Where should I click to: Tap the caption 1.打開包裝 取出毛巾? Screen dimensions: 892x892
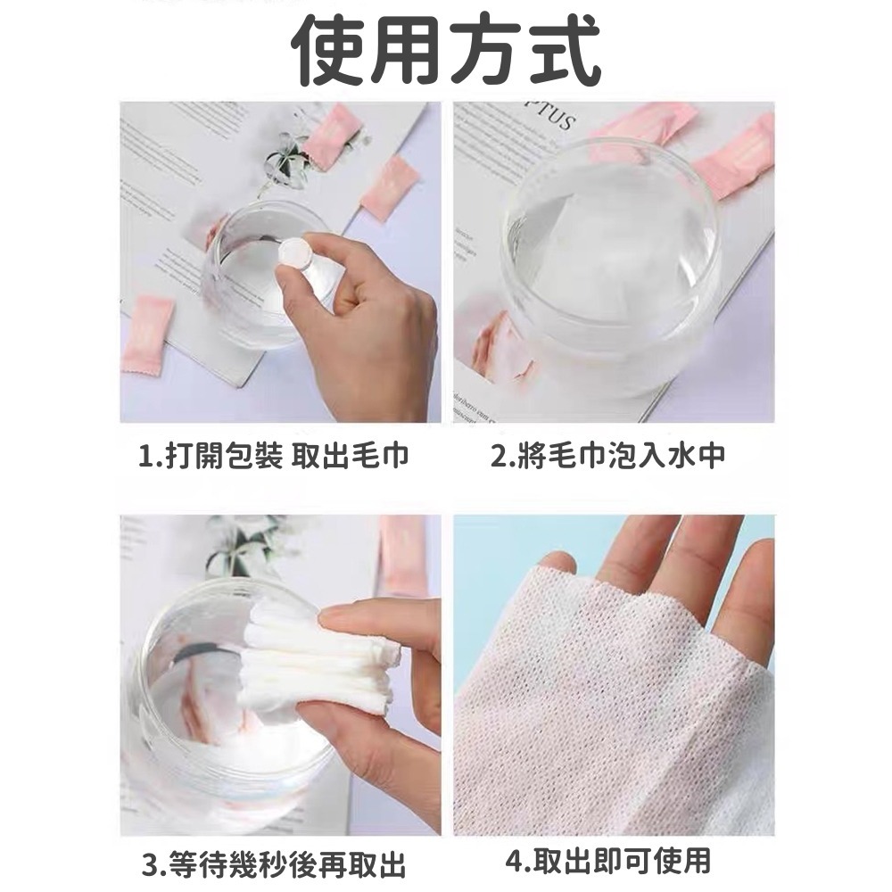(x=274, y=457)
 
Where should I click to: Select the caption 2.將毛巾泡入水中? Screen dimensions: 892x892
(x=608, y=457)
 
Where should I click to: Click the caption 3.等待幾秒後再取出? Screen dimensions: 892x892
(x=274, y=863)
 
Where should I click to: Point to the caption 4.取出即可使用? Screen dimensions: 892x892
(x=608, y=861)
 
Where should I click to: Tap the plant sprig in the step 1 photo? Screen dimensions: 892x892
(x=287, y=161)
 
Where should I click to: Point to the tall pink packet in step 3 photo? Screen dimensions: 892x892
(x=401, y=553)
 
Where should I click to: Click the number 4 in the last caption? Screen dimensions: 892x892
(x=512, y=862)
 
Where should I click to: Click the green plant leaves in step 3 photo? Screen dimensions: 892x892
(x=241, y=544)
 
